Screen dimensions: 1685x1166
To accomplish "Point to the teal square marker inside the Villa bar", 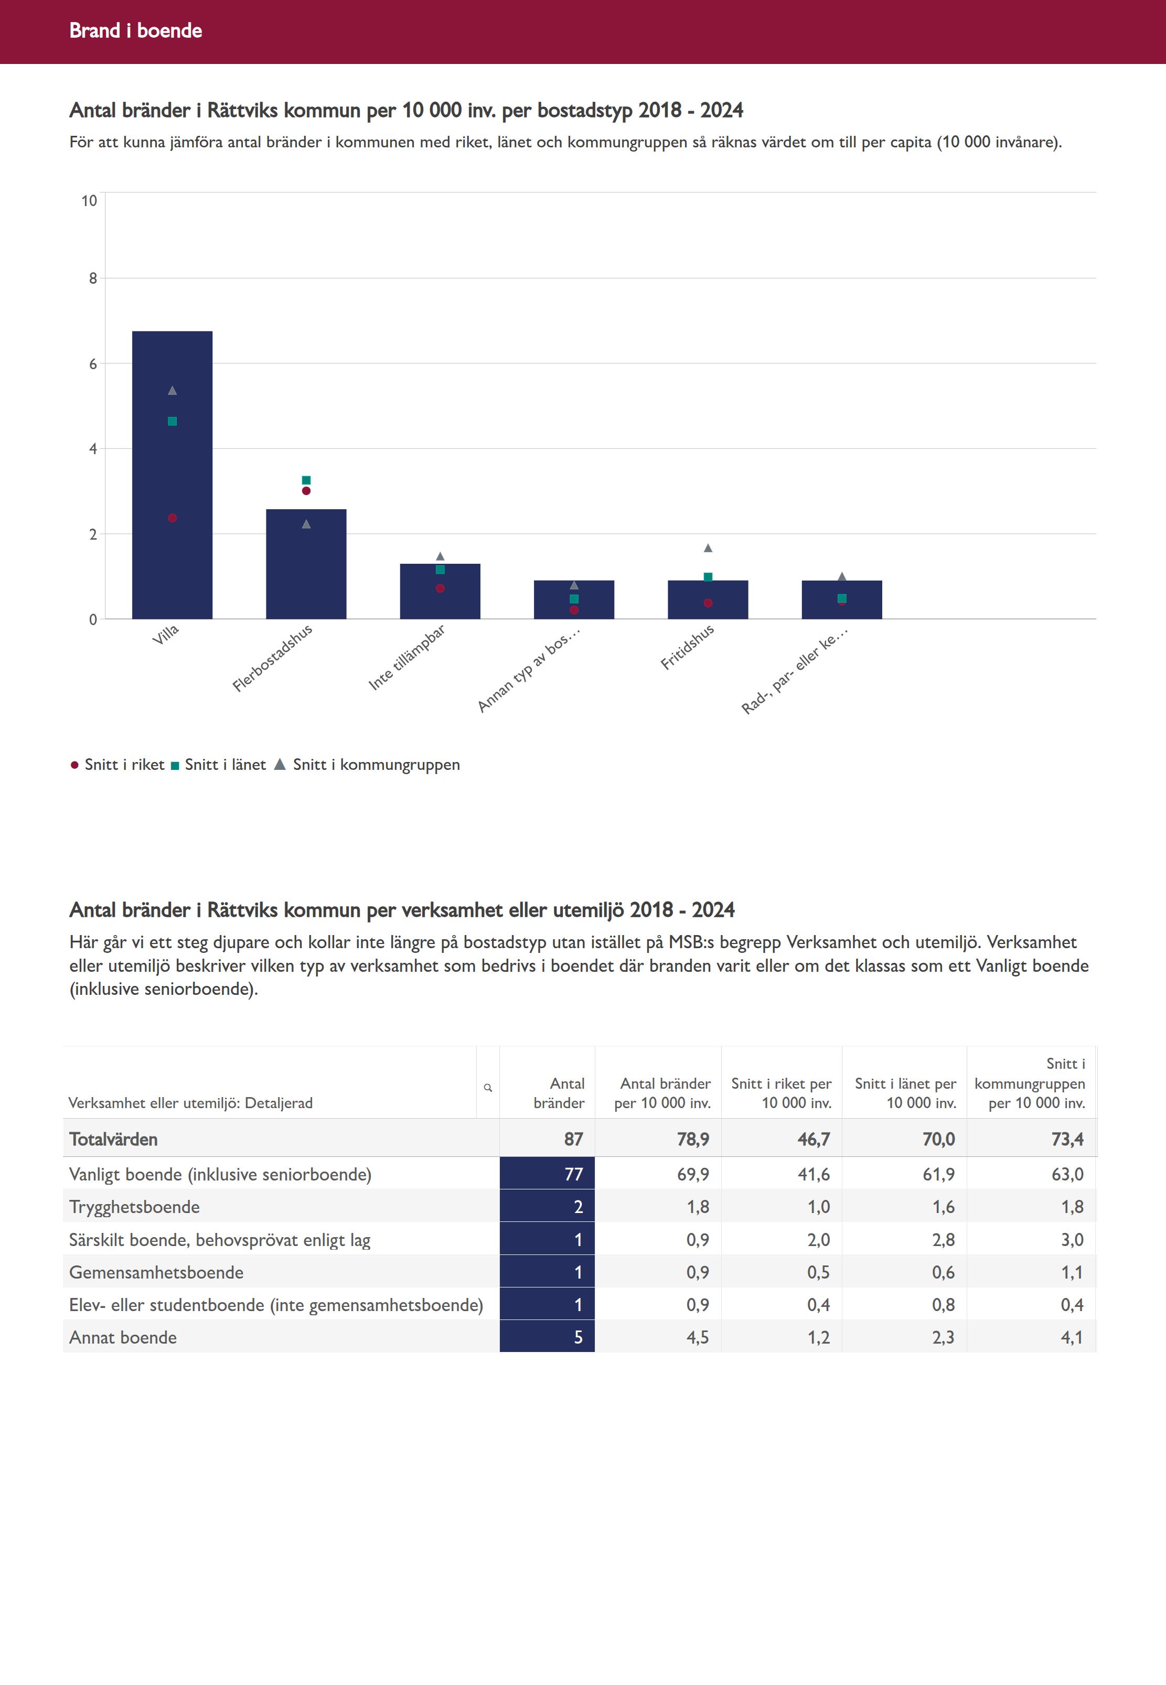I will point(173,422).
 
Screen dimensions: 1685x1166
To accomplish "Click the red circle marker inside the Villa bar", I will point(173,518).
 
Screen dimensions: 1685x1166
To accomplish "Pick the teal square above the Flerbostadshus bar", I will point(306,480).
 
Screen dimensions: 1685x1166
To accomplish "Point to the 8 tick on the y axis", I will point(93,278).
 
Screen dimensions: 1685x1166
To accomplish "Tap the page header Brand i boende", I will point(136,30).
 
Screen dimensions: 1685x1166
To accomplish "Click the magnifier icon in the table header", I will point(488,1088).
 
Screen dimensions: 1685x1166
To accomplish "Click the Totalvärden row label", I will point(113,1140).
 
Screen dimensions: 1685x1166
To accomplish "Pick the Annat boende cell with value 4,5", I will point(697,1337).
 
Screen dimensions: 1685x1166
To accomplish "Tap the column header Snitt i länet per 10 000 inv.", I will point(905,1093).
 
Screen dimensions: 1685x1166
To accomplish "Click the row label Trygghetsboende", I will point(134,1207).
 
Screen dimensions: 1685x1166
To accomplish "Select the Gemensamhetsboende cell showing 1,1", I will point(1071,1272).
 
